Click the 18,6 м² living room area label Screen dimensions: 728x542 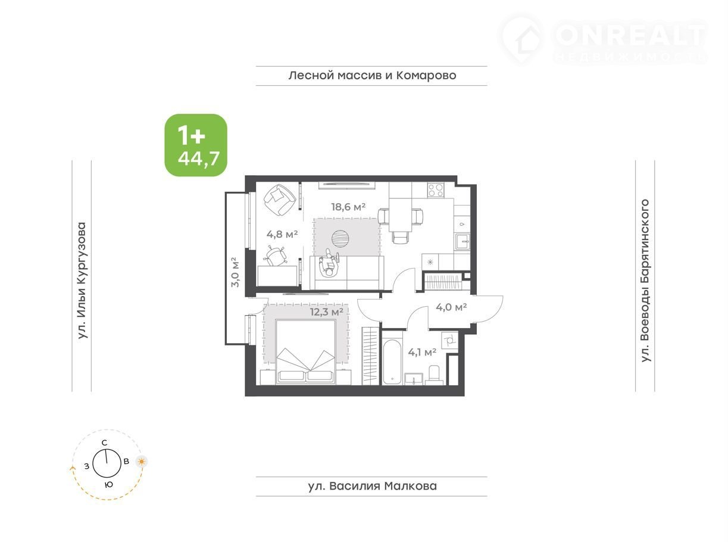coord(348,207)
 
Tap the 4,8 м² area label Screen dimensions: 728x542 coord(282,234)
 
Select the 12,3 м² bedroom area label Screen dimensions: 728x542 coord(327,312)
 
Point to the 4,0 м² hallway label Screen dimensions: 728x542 coord(451,307)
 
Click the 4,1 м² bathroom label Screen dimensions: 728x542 coord(422,353)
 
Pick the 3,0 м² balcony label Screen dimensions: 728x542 coord(235,272)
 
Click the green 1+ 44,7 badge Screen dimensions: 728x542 coord(196,145)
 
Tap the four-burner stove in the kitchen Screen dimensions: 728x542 coord(436,190)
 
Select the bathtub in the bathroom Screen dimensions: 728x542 coord(392,362)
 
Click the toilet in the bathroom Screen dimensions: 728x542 coord(434,375)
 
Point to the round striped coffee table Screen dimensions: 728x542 coord(340,238)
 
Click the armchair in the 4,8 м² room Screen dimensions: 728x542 coord(280,200)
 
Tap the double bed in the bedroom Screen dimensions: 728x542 coord(305,351)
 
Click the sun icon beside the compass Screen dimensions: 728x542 coord(141,462)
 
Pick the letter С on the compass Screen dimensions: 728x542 coord(104,443)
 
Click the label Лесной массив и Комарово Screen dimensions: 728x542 coord(372,76)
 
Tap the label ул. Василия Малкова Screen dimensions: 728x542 coord(372,486)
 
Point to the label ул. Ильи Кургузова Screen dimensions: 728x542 coord(82,281)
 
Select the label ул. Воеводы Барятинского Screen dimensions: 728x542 coord(645,281)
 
